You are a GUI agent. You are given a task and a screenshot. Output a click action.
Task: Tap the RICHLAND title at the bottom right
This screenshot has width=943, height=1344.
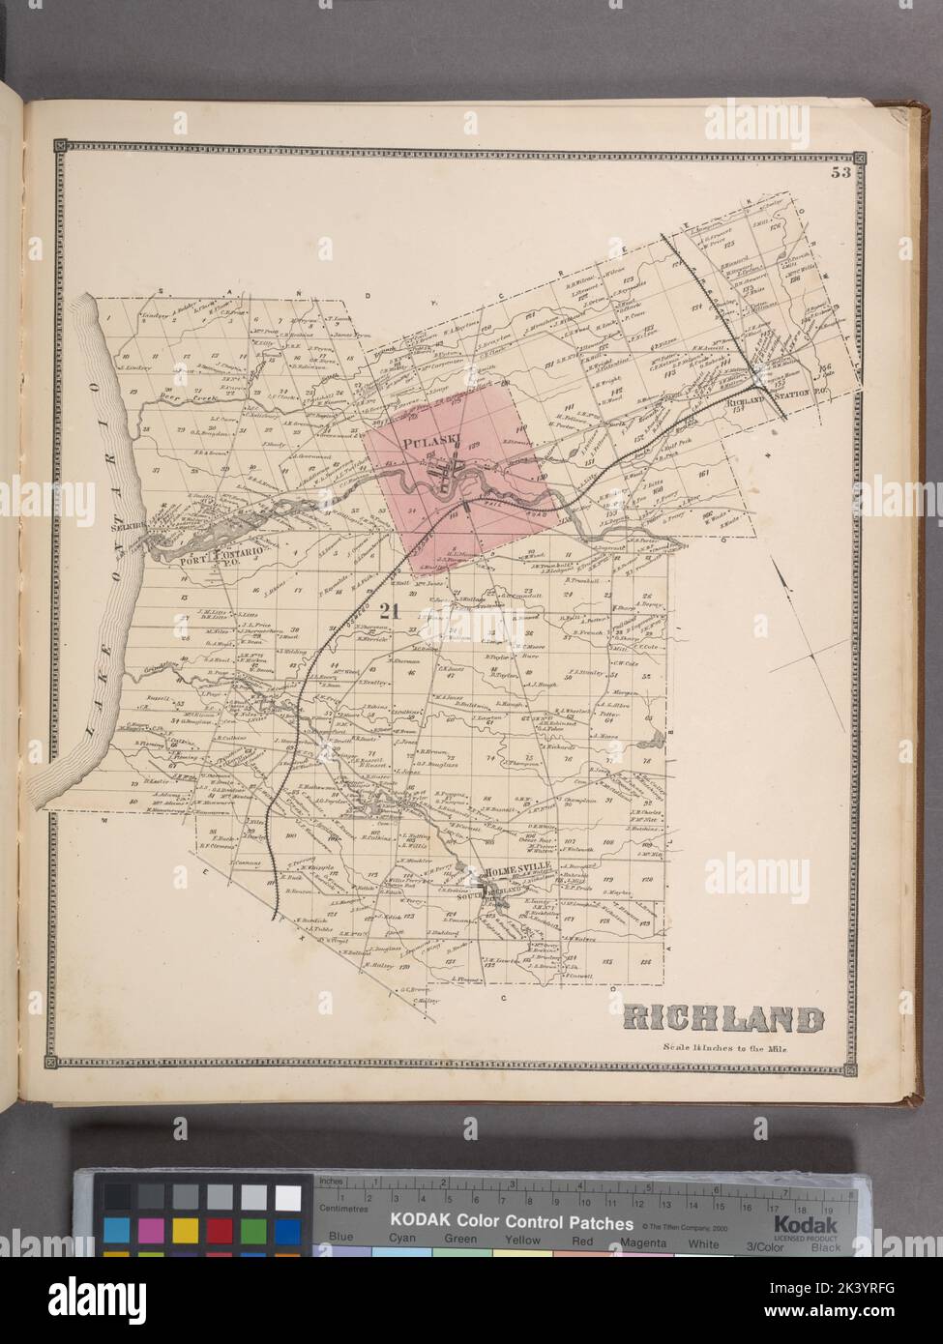pyautogui.click(x=723, y=1019)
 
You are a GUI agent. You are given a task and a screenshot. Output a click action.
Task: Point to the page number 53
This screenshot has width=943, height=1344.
pyautogui.click(x=838, y=174)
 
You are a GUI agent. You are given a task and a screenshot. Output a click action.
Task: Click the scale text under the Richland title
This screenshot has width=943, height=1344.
pyautogui.click(x=725, y=1048)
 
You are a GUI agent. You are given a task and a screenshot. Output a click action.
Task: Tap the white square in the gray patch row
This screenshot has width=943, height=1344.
pyautogui.click(x=287, y=1197)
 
